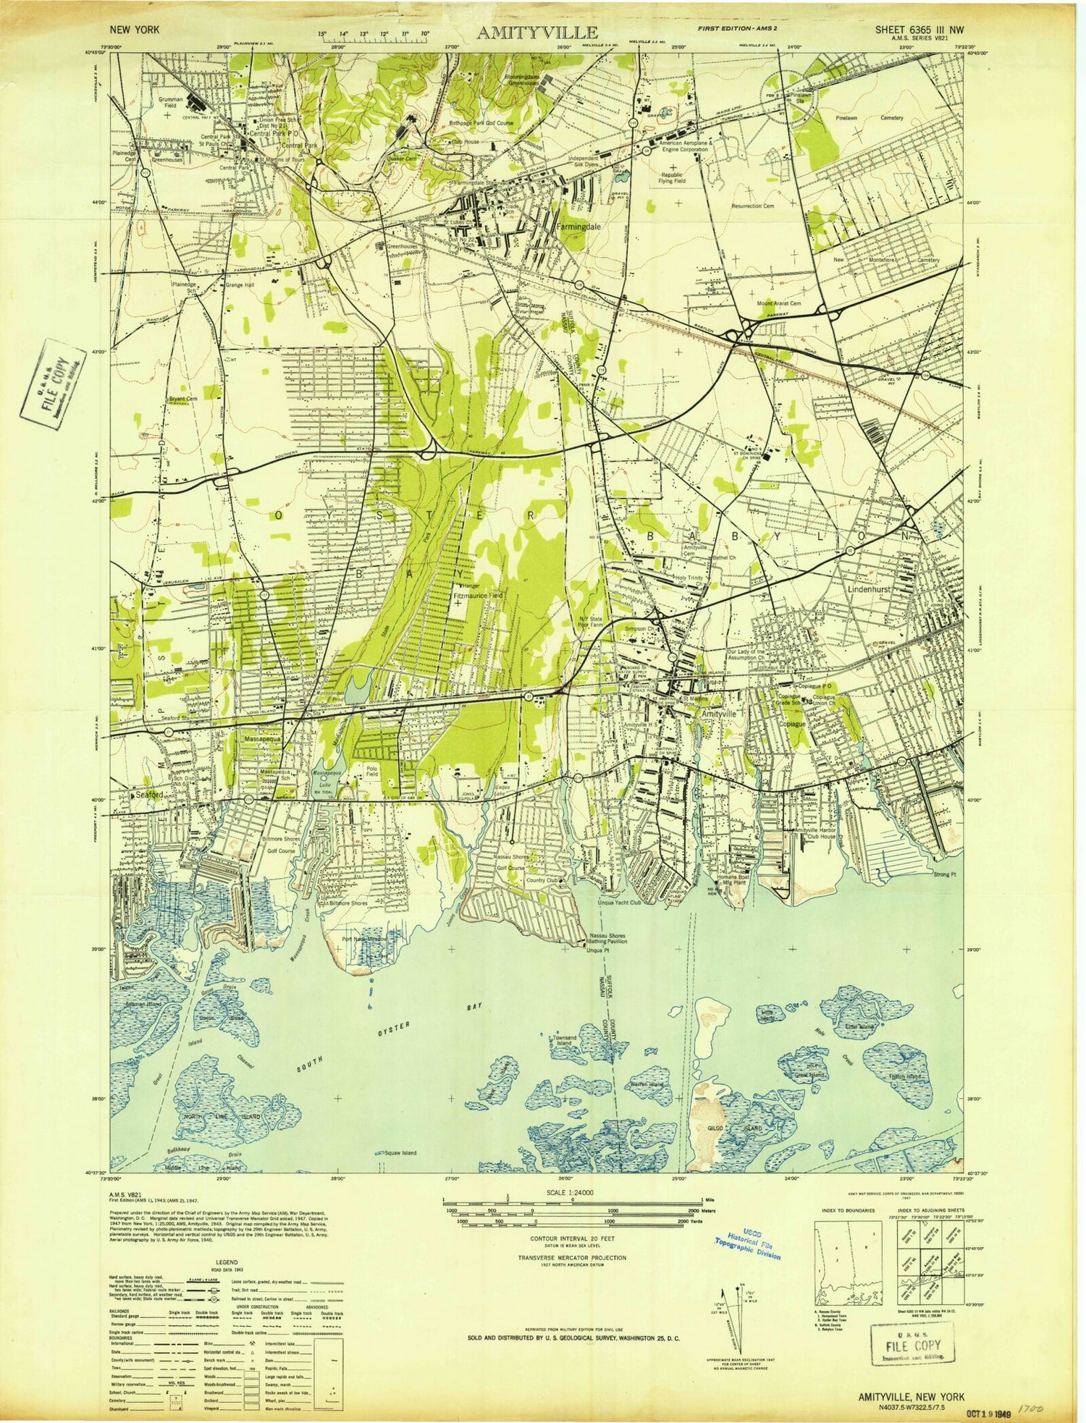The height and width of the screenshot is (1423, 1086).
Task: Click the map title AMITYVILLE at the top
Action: [536, 32]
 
